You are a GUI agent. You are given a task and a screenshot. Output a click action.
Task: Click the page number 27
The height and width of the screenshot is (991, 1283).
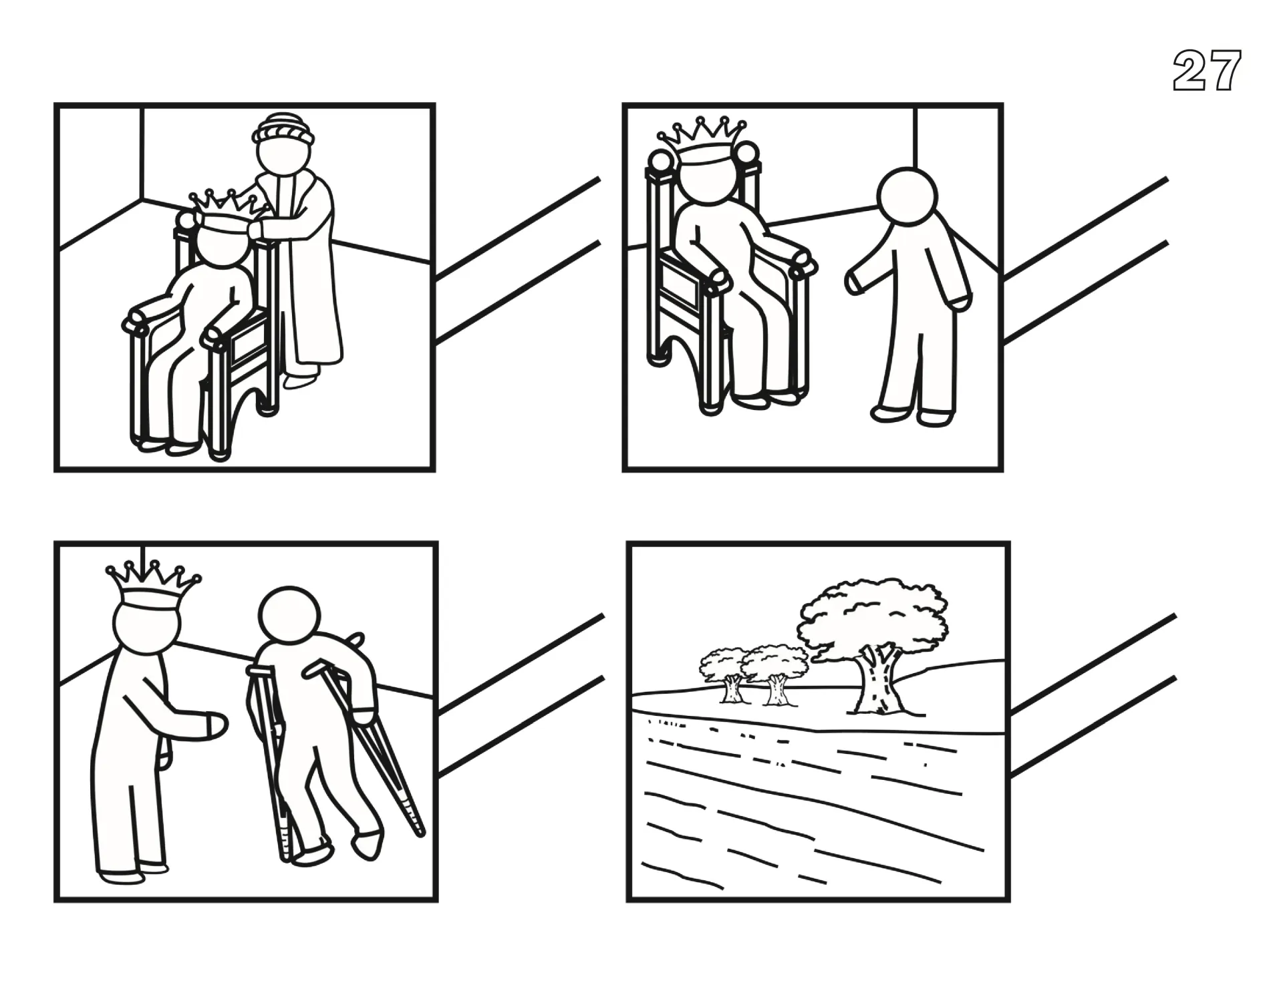pos(1207,71)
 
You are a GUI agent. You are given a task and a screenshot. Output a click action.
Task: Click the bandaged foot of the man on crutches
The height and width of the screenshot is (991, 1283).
pos(368,843)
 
